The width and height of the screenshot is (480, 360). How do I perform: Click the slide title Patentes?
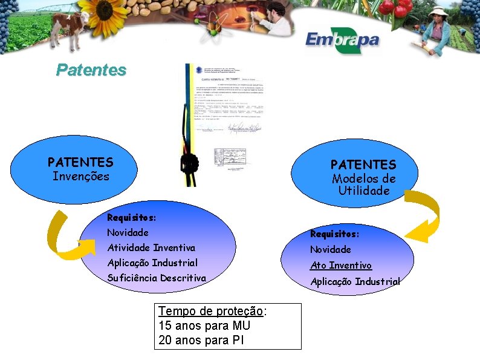tap(91, 70)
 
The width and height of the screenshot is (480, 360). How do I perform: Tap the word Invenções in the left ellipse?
tap(81, 177)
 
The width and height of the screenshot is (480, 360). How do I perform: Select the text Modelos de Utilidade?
tap(363, 185)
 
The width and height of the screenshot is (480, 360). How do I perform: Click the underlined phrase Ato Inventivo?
tap(341, 266)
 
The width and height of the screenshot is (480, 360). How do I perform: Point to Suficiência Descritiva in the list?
tap(157, 278)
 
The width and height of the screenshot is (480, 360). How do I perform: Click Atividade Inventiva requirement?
tap(151, 248)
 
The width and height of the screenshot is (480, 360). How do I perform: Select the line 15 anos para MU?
tap(204, 326)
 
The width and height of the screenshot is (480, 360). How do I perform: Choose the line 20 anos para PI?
tap(201, 340)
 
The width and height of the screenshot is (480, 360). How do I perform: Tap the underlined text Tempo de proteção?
tap(211, 311)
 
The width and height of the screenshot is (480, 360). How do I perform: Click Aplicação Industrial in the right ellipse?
tap(355, 282)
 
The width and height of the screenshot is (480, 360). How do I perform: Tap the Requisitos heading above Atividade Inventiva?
tap(131, 217)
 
